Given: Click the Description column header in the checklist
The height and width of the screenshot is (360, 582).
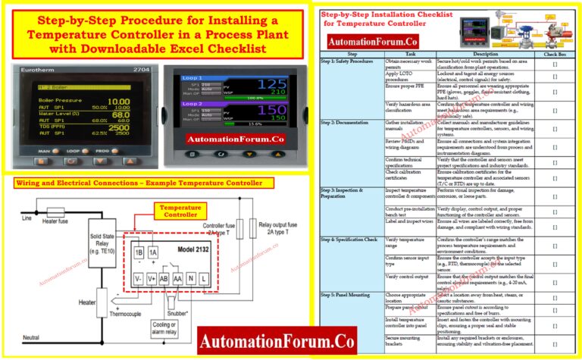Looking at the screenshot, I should pos(485,55).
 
